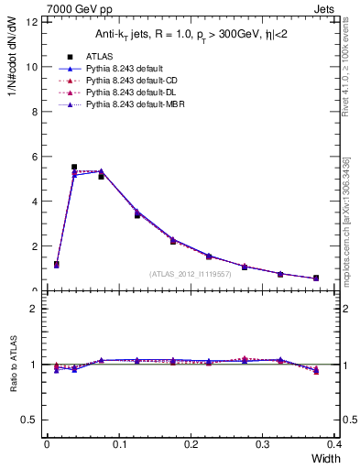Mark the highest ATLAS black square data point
coord(74,168)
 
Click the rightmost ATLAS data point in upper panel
coord(316,278)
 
